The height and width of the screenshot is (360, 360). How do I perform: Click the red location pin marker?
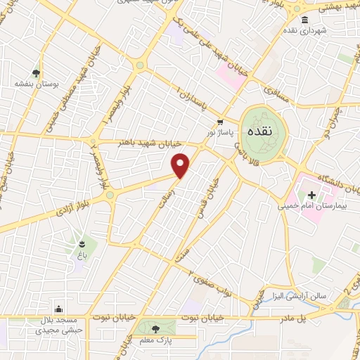pos(181,166)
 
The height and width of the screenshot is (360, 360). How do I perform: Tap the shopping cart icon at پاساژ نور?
pos(221,121)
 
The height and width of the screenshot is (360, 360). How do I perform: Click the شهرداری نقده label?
pos(304,32)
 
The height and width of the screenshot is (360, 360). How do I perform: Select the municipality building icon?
pos(304,20)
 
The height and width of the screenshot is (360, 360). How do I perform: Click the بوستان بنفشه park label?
pos(36,83)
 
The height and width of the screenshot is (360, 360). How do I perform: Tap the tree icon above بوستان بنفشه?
pos(36,72)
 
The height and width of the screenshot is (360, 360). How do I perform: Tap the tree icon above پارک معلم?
pos(156,328)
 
